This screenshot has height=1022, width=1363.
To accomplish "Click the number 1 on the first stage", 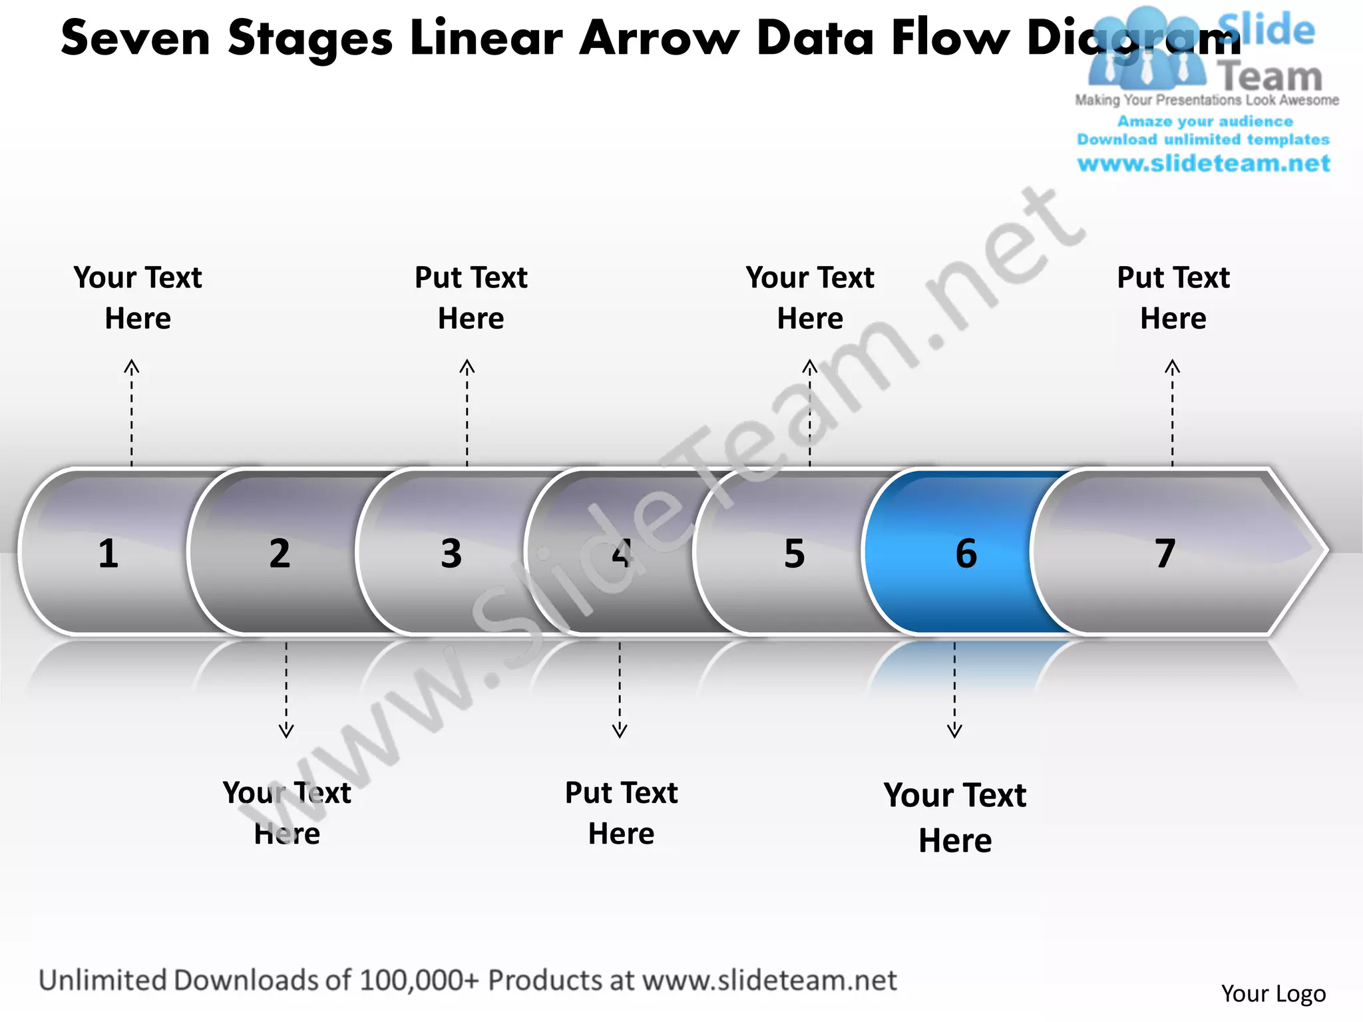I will [x=108, y=554].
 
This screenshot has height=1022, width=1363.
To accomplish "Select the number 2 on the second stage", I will [x=280, y=554].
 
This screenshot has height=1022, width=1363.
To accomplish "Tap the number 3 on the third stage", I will [x=451, y=554].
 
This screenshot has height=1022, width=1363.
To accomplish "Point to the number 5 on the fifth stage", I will [x=794, y=554].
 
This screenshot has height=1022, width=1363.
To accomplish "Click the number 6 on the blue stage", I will [x=966, y=554].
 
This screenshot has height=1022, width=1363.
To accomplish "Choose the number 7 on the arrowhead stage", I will [x=1165, y=554].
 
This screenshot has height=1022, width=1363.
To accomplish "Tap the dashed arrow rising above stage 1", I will [x=132, y=413].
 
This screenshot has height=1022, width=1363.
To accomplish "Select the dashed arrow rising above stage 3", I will [x=467, y=413].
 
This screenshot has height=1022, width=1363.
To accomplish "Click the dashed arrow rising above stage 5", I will [x=810, y=413].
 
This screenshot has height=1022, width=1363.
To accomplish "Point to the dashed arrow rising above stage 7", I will [x=1173, y=413].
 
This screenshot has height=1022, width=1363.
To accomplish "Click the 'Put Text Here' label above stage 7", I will [x=1173, y=297].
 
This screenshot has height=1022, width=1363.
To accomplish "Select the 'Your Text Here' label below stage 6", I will [x=955, y=817].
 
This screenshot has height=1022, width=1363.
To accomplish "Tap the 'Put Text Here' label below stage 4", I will [x=621, y=812].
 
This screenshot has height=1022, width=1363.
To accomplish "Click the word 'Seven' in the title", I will [x=136, y=38].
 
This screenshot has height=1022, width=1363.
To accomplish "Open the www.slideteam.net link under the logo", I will [x=1203, y=164].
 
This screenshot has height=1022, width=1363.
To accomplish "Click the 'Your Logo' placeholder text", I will [x=1273, y=993].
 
